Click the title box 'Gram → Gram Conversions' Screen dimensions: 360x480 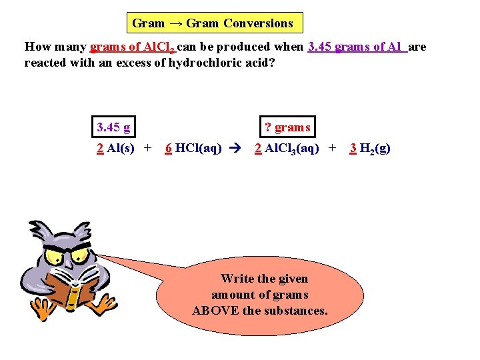click(213, 23)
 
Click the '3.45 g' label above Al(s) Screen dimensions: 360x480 click(113, 127)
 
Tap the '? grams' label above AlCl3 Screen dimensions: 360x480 click(287, 127)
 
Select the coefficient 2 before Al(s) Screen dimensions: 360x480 click(100, 148)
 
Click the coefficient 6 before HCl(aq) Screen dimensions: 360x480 click(169, 148)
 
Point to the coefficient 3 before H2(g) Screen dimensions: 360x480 click(353, 148)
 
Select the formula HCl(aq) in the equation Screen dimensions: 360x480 click(199, 148)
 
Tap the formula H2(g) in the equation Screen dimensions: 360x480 click(375, 149)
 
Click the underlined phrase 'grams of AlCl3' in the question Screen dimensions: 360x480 click(133, 47)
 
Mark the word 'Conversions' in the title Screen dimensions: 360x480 click(258, 23)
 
